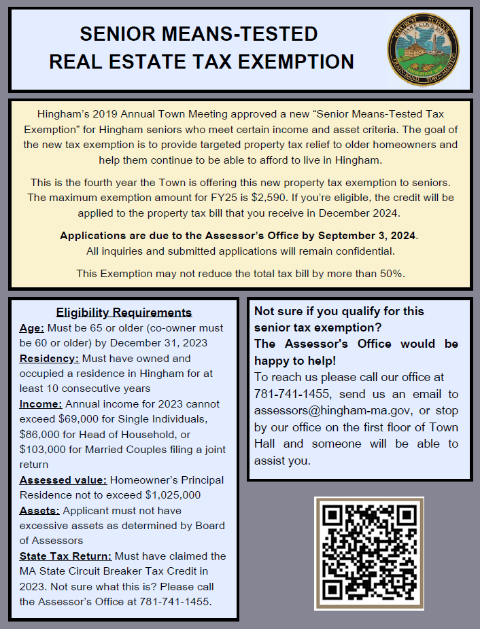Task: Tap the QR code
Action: coord(368,553)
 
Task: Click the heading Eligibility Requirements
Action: coord(124,312)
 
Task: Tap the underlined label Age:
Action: coord(31,327)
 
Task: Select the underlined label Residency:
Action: coord(49,358)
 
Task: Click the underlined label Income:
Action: coord(41,403)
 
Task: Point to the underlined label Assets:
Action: coord(39,510)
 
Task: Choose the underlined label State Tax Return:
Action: coord(65,556)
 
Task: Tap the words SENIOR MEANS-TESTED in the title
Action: coord(199,33)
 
